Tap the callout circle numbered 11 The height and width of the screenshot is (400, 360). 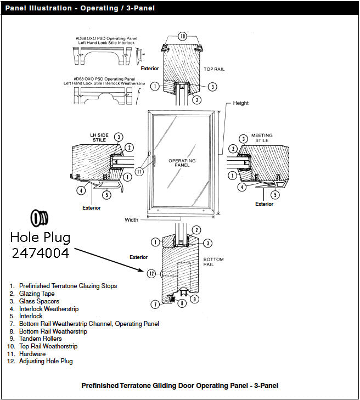pos(139,171)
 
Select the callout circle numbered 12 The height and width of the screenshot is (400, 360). pos(151,273)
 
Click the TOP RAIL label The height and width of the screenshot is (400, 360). pos(213,69)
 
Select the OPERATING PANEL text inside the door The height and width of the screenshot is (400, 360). pos(182,162)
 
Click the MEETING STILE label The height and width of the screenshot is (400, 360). pos(262,138)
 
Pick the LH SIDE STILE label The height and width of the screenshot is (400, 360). pos(99,137)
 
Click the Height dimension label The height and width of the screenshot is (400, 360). pos(240,103)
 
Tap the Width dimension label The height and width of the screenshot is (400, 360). pos(131,220)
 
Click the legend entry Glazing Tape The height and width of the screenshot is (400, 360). pos(38,294)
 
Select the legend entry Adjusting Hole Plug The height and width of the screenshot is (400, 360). pos(46,362)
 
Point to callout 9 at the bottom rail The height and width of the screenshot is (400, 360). pos(195,299)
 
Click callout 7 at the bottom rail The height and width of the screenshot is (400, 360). pos(155,304)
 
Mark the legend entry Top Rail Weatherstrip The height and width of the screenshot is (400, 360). pos(48,347)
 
